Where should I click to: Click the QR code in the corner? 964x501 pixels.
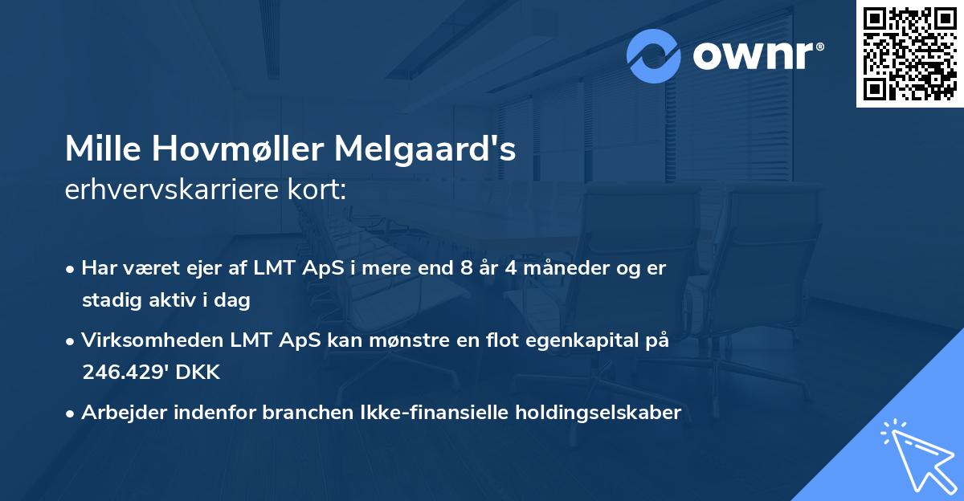click(909, 54)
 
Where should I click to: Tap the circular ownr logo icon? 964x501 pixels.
click(654, 56)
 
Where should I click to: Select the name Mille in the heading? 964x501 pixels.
click(100, 149)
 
